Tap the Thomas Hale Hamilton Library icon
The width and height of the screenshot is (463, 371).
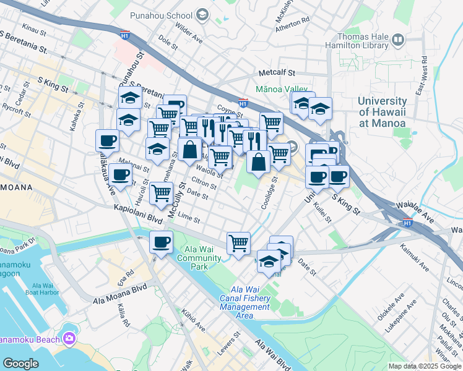pos(398,41)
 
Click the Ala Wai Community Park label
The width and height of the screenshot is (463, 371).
pos(199,258)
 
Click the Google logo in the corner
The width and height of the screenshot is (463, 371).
pos(20,364)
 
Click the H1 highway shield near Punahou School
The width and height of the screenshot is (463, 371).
pos(125,36)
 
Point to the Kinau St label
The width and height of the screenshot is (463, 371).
pos(34,28)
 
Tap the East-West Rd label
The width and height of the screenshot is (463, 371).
pos(423,75)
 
